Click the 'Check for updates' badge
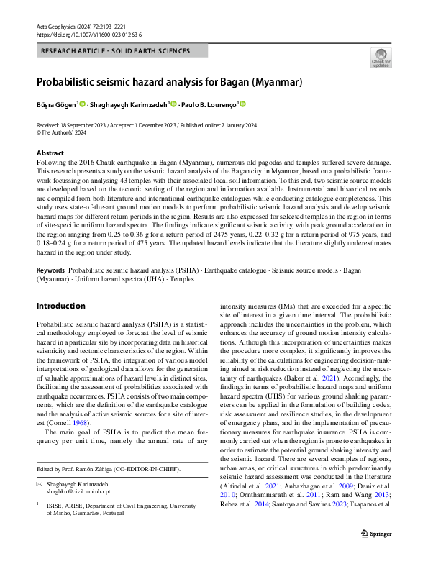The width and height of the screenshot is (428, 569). coord(381,58)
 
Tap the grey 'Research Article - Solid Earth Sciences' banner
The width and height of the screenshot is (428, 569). coord(122,51)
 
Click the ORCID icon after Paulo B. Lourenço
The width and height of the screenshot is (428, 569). coord(242,104)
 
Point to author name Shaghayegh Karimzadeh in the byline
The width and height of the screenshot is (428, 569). coord(130,104)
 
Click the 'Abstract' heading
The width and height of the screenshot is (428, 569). coord(50,153)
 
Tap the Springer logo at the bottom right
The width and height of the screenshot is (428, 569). coord(375,554)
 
